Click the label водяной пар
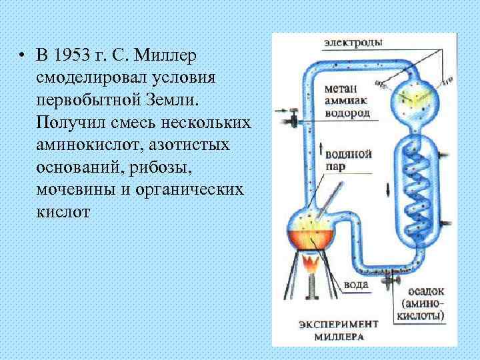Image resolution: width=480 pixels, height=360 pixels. (x=347, y=161)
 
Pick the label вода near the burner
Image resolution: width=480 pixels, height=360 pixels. (x=357, y=285)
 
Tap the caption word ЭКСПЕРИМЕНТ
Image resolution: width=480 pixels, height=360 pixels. (x=339, y=324)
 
